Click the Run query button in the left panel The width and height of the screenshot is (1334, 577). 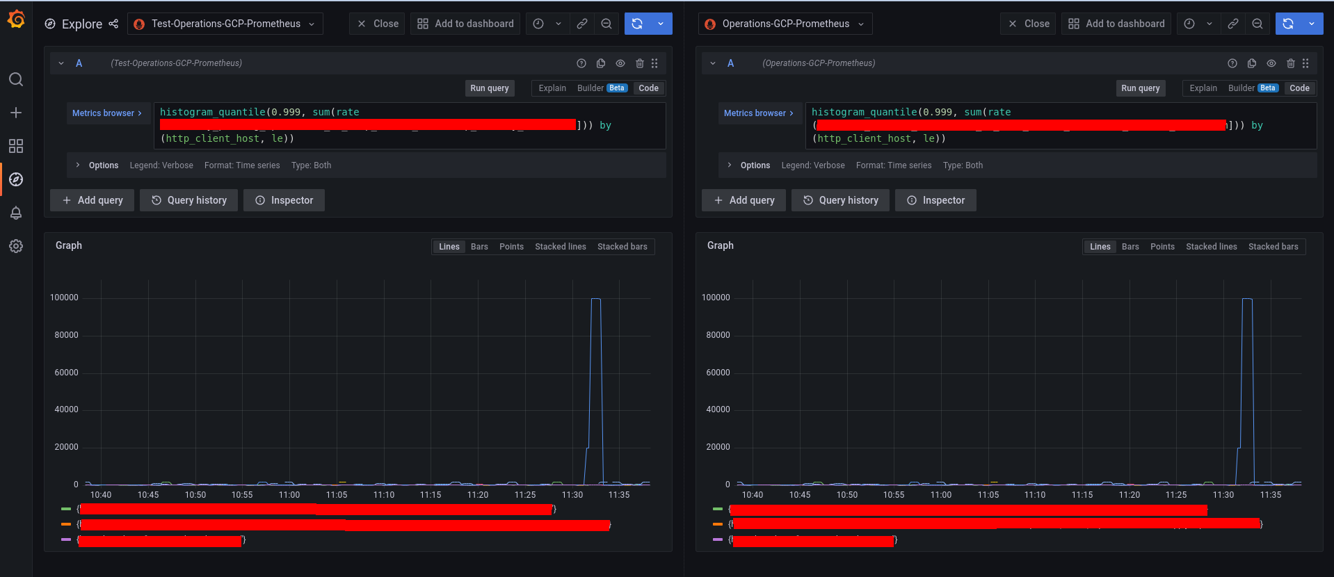pos(489,88)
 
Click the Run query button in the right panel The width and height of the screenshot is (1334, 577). pos(1140,88)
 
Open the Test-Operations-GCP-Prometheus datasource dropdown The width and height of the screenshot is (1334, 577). pos(225,24)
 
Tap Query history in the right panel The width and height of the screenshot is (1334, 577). pos(840,200)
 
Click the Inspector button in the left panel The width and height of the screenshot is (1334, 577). pos(284,200)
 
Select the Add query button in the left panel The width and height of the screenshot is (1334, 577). pos(92,200)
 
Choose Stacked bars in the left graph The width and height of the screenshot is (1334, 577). pos(622,247)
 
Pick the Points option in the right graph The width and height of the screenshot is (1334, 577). pos(1162,247)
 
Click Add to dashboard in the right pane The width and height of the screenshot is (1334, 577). pos(1116,24)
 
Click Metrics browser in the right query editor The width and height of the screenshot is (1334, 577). pos(758,113)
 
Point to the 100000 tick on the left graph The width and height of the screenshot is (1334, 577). pos(64,298)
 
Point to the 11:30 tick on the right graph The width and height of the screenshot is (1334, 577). pos(1223,495)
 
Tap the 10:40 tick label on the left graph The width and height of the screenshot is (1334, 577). pos(101,495)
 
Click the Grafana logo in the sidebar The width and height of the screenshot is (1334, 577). pos(16,19)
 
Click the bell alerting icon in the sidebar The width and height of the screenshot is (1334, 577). pos(16,213)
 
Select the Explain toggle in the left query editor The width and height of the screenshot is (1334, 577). pos(552,88)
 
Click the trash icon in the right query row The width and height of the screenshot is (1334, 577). pos(1290,63)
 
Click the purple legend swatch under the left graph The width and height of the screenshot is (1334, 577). pos(66,539)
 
